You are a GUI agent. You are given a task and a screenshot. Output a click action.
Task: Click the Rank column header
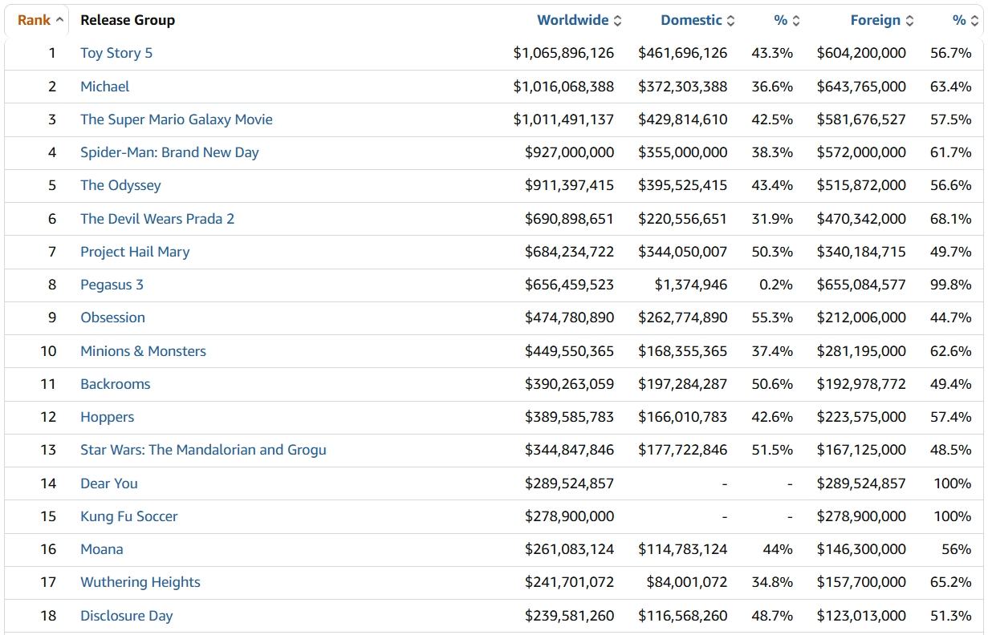click(34, 20)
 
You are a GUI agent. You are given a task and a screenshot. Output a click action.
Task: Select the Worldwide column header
click(572, 20)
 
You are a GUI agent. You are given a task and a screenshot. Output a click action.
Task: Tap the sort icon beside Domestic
click(731, 21)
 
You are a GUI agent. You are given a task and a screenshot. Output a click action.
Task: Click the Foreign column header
click(875, 20)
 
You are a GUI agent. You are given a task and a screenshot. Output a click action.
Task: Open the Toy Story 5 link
click(116, 54)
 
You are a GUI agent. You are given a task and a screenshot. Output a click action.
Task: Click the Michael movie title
click(104, 87)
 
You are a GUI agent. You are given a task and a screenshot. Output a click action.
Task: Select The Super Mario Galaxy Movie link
click(177, 119)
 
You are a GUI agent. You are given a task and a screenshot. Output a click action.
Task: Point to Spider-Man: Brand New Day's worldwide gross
click(569, 152)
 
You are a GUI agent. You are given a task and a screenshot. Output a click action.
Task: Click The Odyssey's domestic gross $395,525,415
click(682, 185)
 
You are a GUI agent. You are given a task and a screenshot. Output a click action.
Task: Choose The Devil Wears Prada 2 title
click(157, 219)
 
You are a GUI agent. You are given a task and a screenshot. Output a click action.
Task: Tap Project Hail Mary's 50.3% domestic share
click(772, 252)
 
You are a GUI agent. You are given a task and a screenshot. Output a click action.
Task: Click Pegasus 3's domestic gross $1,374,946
click(691, 285)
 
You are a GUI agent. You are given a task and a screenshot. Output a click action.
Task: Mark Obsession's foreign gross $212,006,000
click(861, 317)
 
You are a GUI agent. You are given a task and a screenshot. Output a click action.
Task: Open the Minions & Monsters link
click(143, 351)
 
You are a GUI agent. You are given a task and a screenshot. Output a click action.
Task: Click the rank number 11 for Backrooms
click(48, 384)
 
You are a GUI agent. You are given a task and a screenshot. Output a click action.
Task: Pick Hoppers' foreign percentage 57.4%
click(950, 417)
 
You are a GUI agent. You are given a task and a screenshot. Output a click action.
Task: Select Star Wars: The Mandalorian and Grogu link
click(203, 450)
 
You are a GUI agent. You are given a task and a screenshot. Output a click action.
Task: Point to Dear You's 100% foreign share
click(952, 483)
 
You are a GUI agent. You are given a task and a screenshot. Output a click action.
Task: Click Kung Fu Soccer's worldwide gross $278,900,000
click(569, 516)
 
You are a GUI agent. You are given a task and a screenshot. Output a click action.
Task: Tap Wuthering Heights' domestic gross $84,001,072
click(686, 583)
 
